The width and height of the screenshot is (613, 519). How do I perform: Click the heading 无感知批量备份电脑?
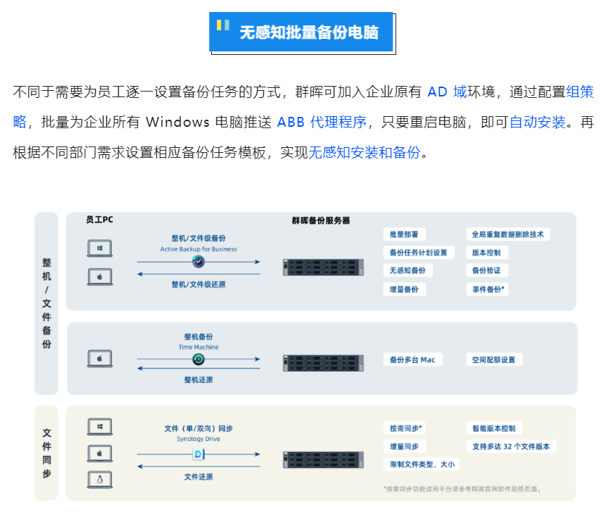(x=308, y=32)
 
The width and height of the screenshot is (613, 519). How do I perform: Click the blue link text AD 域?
(x=447, y=92)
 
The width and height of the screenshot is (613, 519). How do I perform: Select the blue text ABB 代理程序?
(x=322, y=122)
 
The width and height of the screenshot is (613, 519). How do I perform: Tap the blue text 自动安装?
(x=538, y=122)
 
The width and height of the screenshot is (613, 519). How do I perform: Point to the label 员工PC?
(x=99, y=220)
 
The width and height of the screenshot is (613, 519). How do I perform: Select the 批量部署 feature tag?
(x=404, y=235)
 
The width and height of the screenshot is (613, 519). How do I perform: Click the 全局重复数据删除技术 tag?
(x=507, y=235)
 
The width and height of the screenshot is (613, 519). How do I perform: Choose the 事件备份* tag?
(x=488, y=289)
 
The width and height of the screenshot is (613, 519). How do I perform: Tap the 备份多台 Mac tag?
(x=413, y=360)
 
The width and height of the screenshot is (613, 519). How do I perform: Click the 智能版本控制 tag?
(x=493, y=428)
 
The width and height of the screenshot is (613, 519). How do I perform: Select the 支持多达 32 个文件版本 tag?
(x=511, y=446)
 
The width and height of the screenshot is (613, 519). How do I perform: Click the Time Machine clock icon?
(x=198, y=360)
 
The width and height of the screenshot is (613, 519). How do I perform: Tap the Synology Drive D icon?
(x=198, y=454)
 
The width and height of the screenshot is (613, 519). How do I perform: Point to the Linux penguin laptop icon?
(x=100, y=480)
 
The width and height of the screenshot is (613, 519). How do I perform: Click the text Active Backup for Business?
(x=198, y=249)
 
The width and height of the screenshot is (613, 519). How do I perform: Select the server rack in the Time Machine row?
(x=323, y=362)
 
